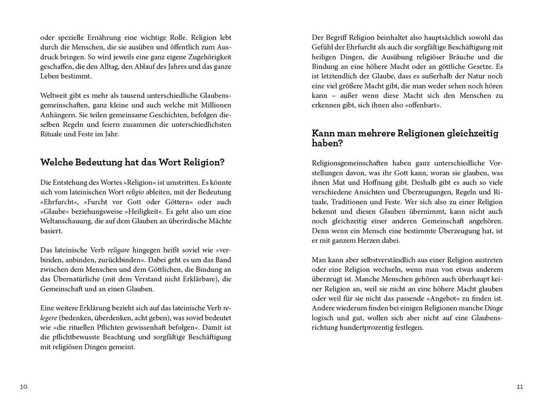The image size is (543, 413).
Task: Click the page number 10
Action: click(x=23, y=386)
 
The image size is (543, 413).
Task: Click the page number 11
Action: click(x=520, y=386)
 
